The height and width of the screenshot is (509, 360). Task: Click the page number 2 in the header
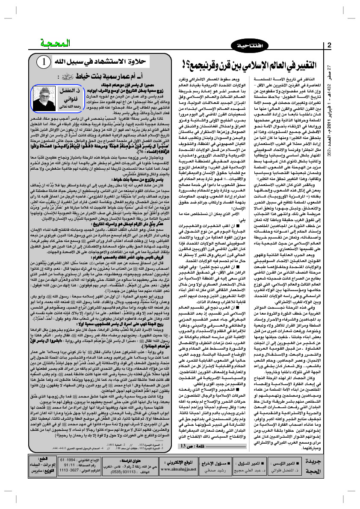tap(329, 45)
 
